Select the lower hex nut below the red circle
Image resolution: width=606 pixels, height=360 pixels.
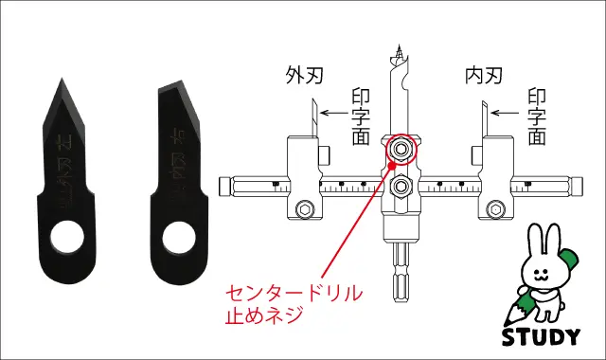click(x=401, y=186)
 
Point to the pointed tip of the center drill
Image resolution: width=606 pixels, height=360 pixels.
click(x=401, y=47)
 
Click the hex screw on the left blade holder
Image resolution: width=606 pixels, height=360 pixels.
click(x=305, y=209)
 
